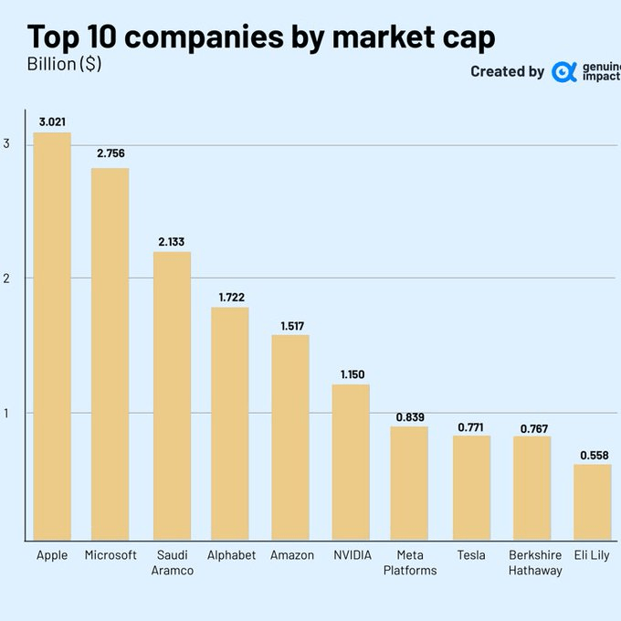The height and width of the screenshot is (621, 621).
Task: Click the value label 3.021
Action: coord(52,121)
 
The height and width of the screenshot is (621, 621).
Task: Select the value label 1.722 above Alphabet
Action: coord(231,297)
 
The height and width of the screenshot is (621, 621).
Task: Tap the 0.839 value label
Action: coord(409,416)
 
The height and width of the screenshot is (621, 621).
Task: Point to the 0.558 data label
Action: coord(593,454)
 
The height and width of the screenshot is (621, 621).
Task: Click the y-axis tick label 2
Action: coord(7,278)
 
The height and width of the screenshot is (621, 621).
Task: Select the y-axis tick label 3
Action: coord(7,143)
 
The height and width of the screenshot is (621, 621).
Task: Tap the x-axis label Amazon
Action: coord(292,555)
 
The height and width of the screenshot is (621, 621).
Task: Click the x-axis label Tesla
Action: coord(470,555)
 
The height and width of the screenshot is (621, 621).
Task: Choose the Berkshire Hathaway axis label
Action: coord(535,563)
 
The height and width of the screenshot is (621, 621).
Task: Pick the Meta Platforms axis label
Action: coord(410,563)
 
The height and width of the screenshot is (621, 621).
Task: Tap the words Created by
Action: coord(507,71)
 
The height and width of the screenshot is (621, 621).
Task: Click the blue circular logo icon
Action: coord(564,71)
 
